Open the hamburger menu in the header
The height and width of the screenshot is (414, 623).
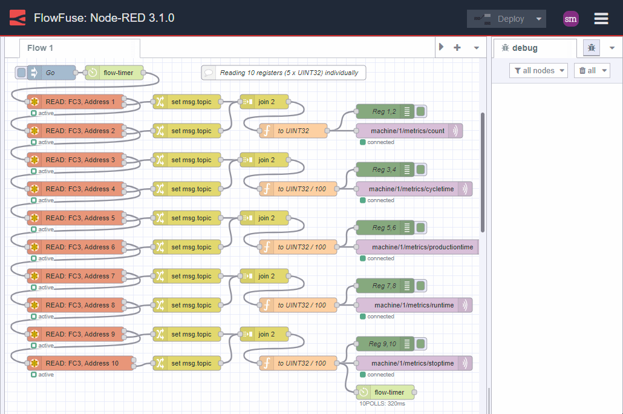(x=601, y=19)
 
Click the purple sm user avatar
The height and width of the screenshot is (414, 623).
(x=570, y=19)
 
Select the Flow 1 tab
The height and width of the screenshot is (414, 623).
(x=41, y=48)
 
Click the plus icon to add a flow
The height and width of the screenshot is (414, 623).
(x=457, y=48)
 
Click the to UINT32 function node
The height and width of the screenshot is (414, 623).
(x=293, y=131)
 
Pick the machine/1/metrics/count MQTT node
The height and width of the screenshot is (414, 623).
(x=408, y=131)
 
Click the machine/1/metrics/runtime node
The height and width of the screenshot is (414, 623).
(x=414, y=305)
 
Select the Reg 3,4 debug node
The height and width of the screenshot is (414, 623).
(x=384, y=169)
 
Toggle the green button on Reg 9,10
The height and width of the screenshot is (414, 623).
(x=421, y=344)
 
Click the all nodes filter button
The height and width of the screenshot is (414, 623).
(x=538, y=71)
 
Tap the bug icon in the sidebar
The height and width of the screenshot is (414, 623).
(x=592, y=48)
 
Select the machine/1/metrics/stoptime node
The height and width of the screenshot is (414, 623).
(x=413, y=363)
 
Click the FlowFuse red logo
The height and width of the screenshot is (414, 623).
(x=18, y=18)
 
